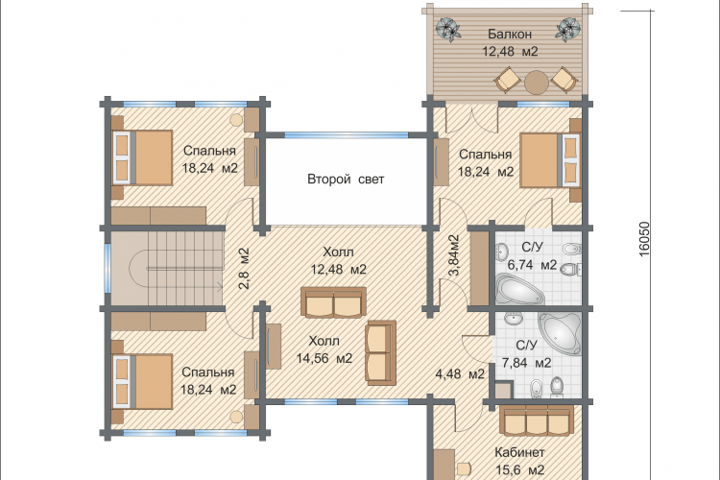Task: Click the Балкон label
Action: click(510, 34)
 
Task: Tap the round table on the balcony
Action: click(537, 83)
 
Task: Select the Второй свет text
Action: click(346, 179)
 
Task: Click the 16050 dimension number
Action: click(644, 239)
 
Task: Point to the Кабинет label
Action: click(519, 452)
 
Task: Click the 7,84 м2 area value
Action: click(526, 363)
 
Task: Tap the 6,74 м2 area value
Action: click(532, 265)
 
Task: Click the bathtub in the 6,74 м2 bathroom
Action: click(519, 289)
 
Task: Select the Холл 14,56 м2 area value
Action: click(324, 358)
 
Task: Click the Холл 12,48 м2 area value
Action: click(339, 269)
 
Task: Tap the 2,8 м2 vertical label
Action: click(244, 268)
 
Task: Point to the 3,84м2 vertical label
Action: click(453, 255)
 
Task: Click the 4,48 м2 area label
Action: click(460, 373)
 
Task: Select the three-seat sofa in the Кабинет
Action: click(537, 419)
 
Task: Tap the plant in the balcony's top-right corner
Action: click(568, 30)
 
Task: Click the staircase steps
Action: click(183, 268)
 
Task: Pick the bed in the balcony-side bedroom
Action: click(550, 160)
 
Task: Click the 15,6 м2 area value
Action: click(520, 469)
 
